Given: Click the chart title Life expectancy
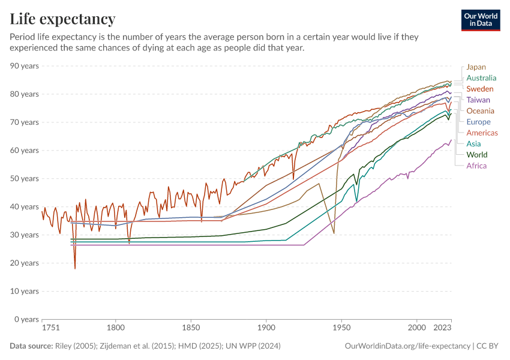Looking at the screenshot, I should pyautogui.click(x=62, y=19).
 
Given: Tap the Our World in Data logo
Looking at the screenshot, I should pyautogui.click(x=480, y=20).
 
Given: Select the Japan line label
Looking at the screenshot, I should pyautogui.click(x=476, y=67).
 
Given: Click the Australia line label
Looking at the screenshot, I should pyautogui.click(x=481, y=78).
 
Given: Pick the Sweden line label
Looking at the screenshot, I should pyautogui.click(x=479, y=89).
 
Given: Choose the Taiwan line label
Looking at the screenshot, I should pyautogui.click(x=478, y=100).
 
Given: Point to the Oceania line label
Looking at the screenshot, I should pyautogui.click(x=480, y=111).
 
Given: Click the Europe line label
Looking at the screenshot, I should pyautogui.click(x=478, y=122).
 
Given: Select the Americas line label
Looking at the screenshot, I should pyautogui.click(x=481, y=133).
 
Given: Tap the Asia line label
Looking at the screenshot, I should pyautogui.click(x=473, y=144).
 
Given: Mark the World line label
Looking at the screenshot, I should pyautogui.click(x=476, y=155).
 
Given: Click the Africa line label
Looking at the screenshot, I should pyautogui.click(x=476, y=166).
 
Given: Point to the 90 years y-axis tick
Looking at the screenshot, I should pyautogui.click(x=25, y=66).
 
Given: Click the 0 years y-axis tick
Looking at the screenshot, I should pyautogui.click(x=27, y=319).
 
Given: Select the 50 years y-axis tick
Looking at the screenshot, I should pyautogui.click(x=25, y=179).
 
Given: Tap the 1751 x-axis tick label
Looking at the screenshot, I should pyautogui.click(x=50, y=329).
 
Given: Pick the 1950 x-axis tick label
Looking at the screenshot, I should pyautogui.click(x=341, y=329).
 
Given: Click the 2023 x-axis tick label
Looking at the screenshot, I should pyautogui.click(x=442, y=329).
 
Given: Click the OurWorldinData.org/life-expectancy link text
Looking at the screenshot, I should pyautogui.click(x=408, y=346).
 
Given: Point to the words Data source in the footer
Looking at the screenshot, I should pyautogui.click(x=30, y=346).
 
